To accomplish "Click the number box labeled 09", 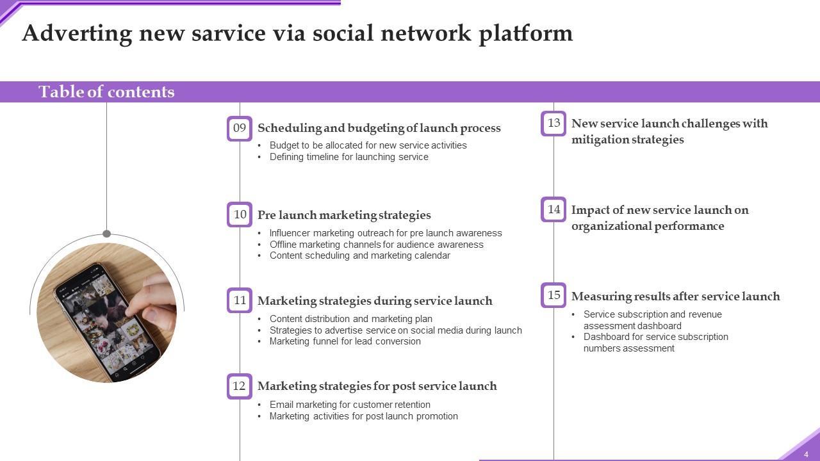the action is click(x=240, y=129).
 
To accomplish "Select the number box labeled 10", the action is click(x=240, y=214).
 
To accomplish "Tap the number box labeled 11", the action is click(x=240, y=300).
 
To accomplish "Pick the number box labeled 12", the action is click(x=240, y=386).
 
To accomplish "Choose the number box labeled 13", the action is click(x=553, y=124).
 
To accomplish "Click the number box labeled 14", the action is click(x=553, y=209).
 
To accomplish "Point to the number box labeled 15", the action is click(x=553, y=295).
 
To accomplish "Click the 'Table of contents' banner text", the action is click(x=106, y=92).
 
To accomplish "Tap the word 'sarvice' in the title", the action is click(x=229, y=33).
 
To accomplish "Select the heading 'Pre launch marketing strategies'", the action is click(x=344, y=215).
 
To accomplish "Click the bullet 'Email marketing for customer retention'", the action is click(x=350, y=405).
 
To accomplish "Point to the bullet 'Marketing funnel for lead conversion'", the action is click(x=345, y=341).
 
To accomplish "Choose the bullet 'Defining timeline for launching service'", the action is click(x=349, y=157).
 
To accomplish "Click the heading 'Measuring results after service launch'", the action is click(x=676, y=296).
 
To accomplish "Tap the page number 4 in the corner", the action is click(x=806, y=455).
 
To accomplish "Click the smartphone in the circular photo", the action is click(x=107, y=322).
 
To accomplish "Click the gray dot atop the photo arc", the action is click(x=106, y=234).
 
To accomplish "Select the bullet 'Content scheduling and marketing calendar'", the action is click(x=360, y=255).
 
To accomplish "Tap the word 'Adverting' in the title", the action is click(x=78, y=34).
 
